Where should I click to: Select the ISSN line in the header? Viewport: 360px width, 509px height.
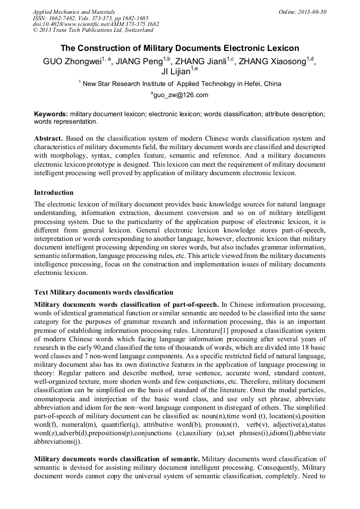(90, 18)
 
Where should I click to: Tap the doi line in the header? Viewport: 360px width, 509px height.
(96, 24)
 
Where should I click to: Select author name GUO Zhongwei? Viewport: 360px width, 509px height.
(72, 62)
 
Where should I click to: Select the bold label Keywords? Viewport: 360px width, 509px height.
(51, 114)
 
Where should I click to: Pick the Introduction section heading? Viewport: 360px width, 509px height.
(54, 192)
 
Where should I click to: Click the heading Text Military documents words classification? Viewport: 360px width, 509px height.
(104, 292)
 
